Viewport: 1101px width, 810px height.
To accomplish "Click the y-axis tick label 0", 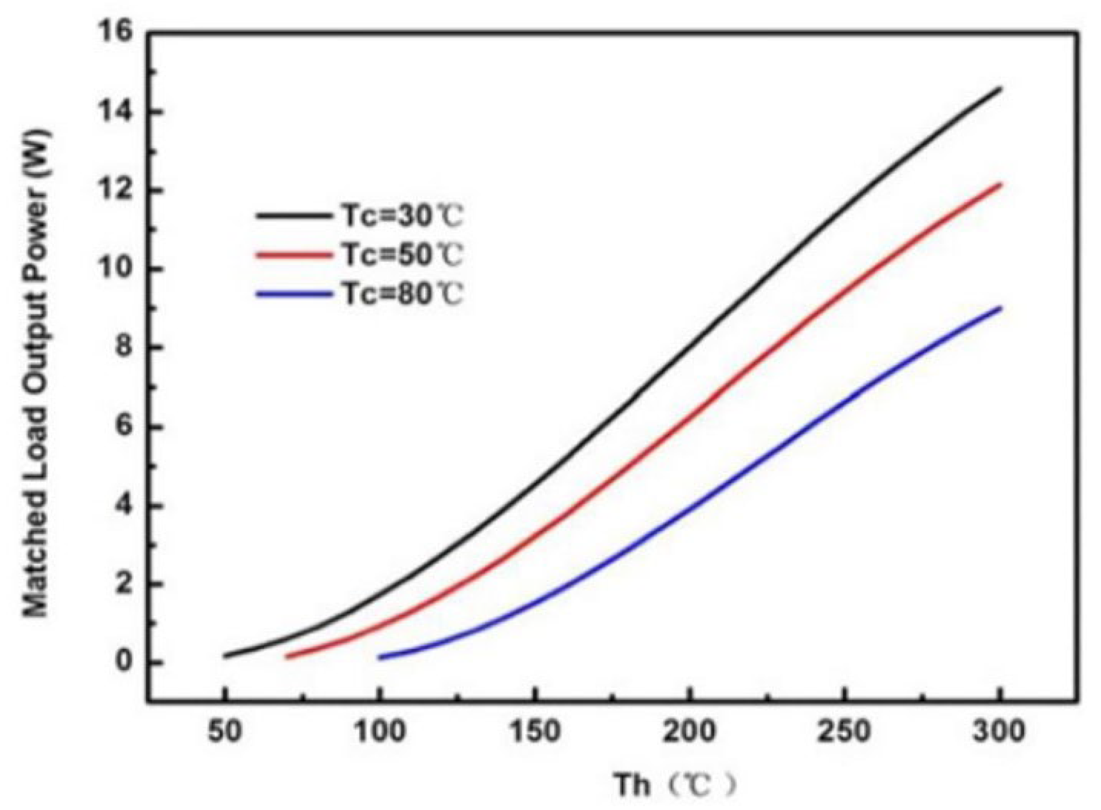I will tap(124, 663).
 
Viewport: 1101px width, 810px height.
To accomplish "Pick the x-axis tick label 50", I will tap(224, 731).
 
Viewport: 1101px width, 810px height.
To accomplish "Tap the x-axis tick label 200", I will tap(690, 731).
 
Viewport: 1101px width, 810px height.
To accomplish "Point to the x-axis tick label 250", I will tap(844, 731).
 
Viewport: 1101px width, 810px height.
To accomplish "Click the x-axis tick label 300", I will tap(999, 731).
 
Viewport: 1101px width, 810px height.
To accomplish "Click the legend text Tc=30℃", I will tap(401, 216).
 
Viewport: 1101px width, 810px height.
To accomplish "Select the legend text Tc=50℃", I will tap(401, 255).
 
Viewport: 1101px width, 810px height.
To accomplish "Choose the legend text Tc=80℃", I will tap(401, 295).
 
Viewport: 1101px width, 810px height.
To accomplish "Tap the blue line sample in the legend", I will tap(292, 295).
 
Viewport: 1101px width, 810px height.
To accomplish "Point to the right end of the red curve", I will tap(999, 184).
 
